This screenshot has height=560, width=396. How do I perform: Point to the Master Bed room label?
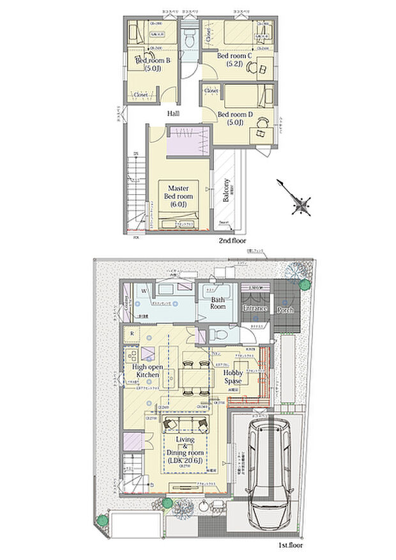177,196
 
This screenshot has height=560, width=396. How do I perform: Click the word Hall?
173,114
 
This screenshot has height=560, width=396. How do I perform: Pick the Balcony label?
227,188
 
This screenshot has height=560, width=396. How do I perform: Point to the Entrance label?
254,308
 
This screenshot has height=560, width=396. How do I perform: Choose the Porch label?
285,310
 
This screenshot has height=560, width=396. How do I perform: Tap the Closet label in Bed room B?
141,95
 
